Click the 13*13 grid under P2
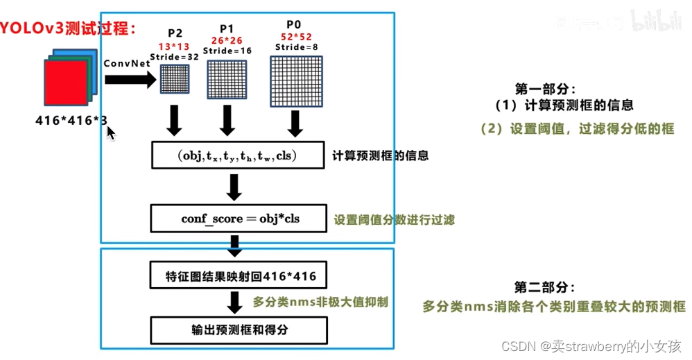click(x=175, y=78)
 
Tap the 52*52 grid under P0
click(x=297, y=81)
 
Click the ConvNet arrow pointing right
click(x=130, y=80)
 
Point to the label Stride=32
click(x=175, y=57)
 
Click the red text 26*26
click(x=226, y=41)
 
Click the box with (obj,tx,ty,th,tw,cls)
click(x=237, y=155)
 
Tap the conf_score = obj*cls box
click(x=237, y=218)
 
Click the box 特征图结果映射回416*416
click(x=237, y=277)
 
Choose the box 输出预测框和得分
click(x=237, y=329)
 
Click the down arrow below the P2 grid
click(x=175, y=121)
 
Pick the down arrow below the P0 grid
click(x=296, y=123)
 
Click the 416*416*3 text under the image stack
click(x=71, y=120)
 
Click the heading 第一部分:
click(x=545, y=89)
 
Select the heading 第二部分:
click(x=545, y=287)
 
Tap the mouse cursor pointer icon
click(x=110, y=132)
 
